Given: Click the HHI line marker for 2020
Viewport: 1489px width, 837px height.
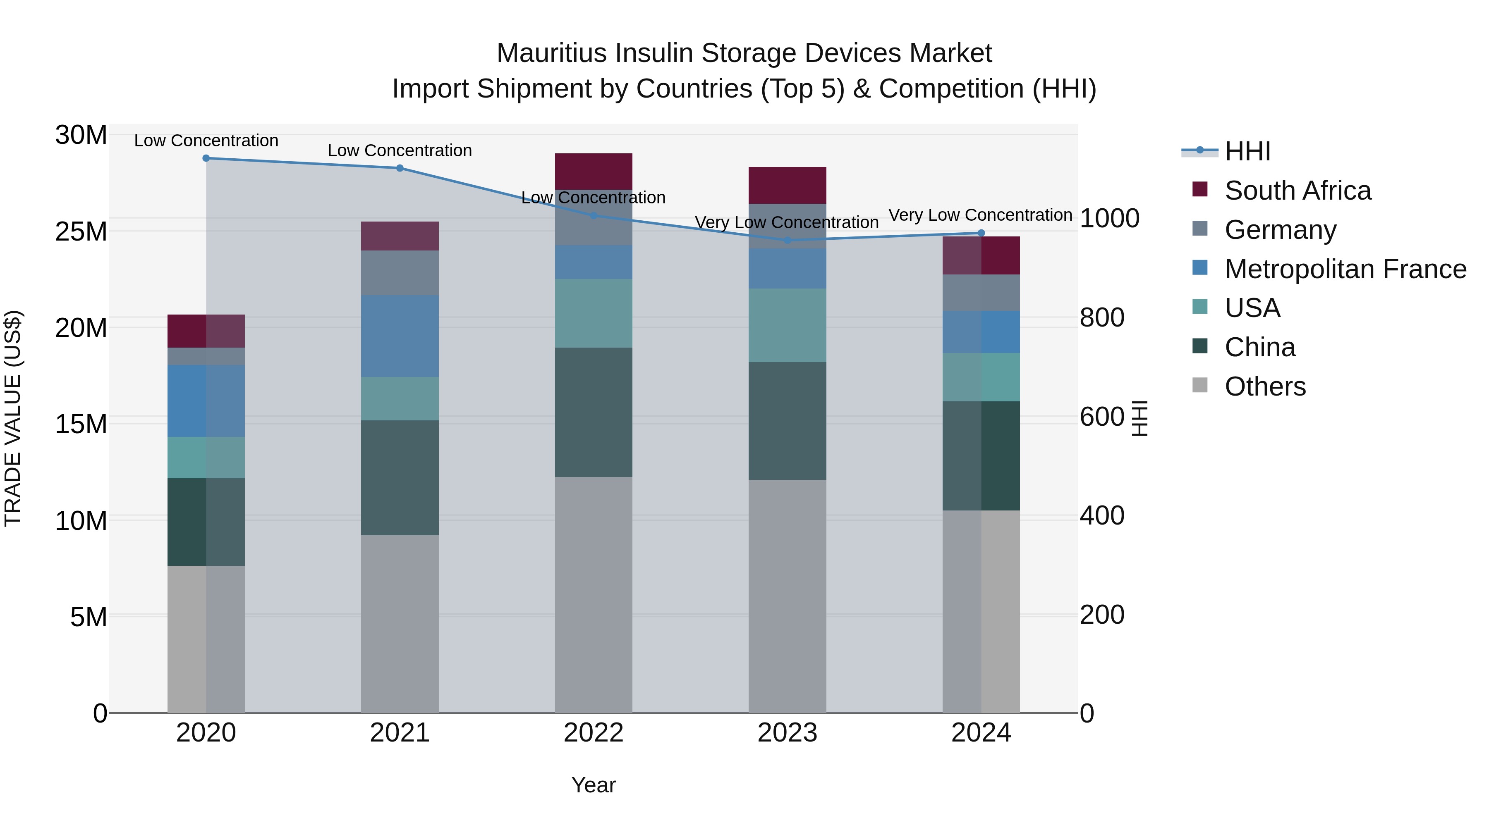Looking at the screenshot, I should pos(206,158).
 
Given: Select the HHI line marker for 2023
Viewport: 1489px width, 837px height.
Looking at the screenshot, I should pos(787,240).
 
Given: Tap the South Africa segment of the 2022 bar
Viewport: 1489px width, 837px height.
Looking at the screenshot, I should pos(593,172).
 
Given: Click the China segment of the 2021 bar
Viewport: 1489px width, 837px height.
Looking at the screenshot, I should pos(400,478).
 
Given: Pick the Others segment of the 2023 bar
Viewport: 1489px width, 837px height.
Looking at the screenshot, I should pos(787,596).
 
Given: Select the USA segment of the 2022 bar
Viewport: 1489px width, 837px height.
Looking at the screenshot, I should pos(593,314).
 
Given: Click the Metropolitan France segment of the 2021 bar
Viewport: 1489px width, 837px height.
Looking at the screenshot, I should pos(400,336).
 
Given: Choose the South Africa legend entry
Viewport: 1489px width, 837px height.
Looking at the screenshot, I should pos(1297,191).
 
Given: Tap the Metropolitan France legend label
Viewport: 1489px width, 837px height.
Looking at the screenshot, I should pos(1345,269).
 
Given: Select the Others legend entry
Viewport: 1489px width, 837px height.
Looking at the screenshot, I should pos(1265,386).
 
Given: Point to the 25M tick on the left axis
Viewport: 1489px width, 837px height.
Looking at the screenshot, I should pos(81,231).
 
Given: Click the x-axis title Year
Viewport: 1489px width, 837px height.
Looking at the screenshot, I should pos(593,785).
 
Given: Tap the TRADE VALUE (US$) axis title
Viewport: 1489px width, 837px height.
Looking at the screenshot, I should pos(13,418).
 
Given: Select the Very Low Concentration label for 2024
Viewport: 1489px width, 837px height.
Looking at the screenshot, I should pos(980,215).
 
